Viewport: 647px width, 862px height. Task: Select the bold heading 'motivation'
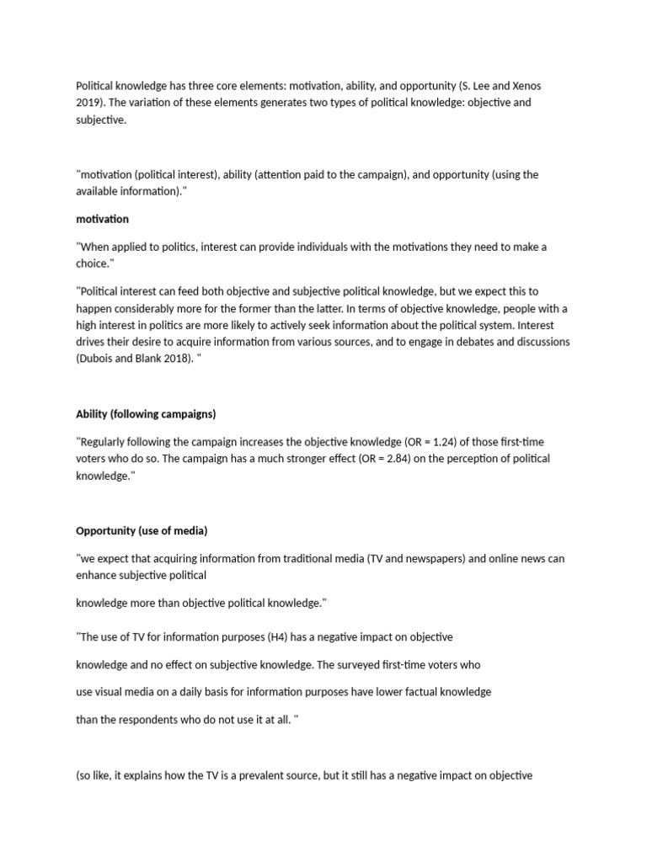103,219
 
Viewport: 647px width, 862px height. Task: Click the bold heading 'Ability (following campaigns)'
146,414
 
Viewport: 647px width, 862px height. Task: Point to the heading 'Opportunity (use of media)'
142,530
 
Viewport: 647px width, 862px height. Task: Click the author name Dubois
99,359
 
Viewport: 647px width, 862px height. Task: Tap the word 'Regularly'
106,442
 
